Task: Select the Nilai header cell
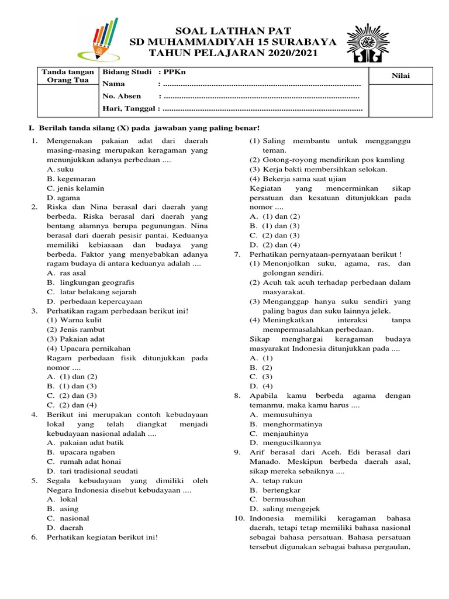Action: pyautogui.click(x=400, y=75)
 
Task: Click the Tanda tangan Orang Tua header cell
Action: pyautogui.click(x=66, y=76)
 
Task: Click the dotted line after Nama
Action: pyautogui.click(x=263, y=84)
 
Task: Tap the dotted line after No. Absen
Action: pyautogui.click(x=263, y=97)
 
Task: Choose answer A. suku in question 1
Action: pyautogui.click(x=60, y=169)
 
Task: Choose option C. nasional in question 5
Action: pyautogui.click(x=68, y=518)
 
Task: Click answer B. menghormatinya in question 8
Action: pyautogui.click(x=285, y=424)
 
